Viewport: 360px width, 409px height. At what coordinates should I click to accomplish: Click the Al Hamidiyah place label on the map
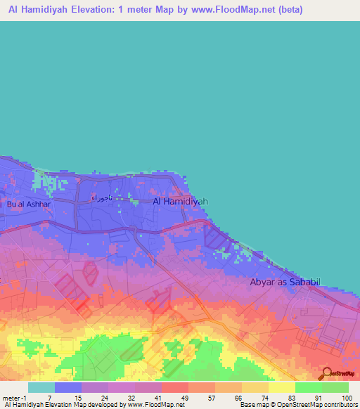181,201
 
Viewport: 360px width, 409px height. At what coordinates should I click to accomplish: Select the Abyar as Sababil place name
285,282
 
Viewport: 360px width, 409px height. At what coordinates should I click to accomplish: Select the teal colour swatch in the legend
41,387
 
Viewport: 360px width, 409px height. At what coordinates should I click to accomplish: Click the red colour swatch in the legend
174,387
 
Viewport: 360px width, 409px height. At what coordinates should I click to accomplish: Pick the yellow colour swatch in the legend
281,387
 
